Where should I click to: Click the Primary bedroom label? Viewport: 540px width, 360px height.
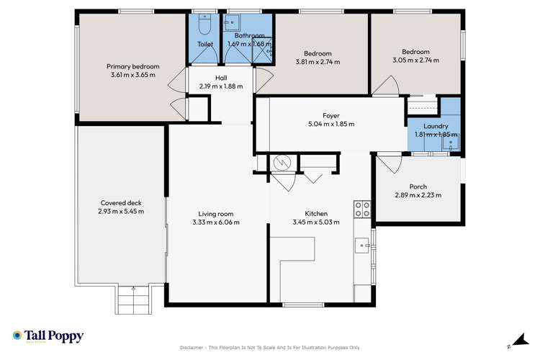click(133, 66)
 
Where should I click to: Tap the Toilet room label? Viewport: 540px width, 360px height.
click(205, 45)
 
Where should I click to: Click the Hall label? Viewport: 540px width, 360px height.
click(221, 78)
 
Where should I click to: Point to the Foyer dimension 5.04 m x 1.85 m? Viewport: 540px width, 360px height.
click(330, 124)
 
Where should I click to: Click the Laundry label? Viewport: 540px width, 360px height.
click(436, 126)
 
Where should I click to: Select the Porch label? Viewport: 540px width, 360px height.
click(418, 186)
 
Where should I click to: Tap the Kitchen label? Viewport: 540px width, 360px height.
click(316, 214)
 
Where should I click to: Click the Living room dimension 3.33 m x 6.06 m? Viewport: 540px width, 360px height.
click(216, 222)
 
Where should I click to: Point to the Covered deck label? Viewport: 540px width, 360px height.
click(121, 203)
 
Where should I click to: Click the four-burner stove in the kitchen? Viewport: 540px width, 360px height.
click(362, 210)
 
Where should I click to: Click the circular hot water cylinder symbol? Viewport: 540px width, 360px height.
click(282, 164)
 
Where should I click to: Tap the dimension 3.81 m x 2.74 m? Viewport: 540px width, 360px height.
click(318, 62)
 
